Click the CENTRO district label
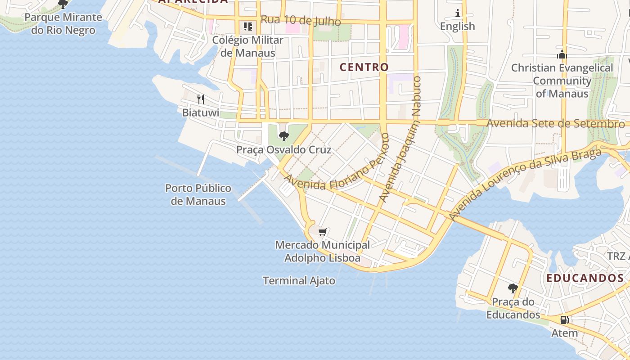[x=364, y=67]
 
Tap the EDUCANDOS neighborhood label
[x=585, y=278]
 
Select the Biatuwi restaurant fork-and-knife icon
[x=201, y=99]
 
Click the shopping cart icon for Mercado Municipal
[x=322, y=232]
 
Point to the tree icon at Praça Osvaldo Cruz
[x=283, y=136]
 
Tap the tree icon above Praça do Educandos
[x=513, y=288]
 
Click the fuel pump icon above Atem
[x=564, y=320]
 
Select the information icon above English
[x=458, y=13]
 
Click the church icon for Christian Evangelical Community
[x=562, y=54]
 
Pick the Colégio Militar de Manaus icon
[x=247, y=27]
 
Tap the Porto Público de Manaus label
[x=198, y=194]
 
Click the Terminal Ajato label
[x=299, y=281]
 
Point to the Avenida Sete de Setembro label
[x=556, y=123]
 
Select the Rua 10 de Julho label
[x=301, y=20]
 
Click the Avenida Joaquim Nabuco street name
[x=400, y=139]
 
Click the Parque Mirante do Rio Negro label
[x=63, y=24]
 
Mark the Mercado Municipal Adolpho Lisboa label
[x=322, y=252]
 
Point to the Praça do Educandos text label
[x=513, y=308]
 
